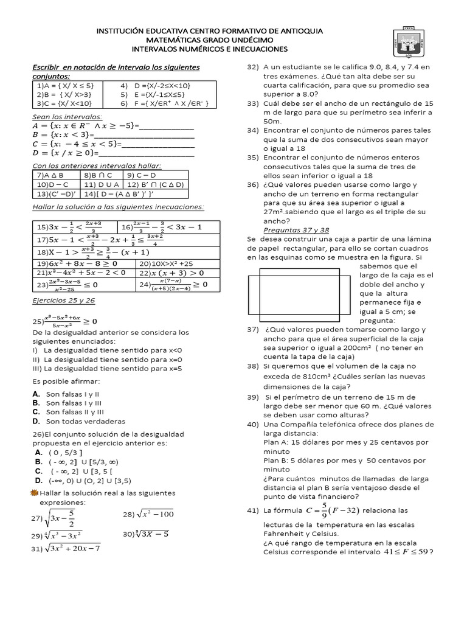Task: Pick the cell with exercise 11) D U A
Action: point(101,184)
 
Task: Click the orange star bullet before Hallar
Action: point(35,491)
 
